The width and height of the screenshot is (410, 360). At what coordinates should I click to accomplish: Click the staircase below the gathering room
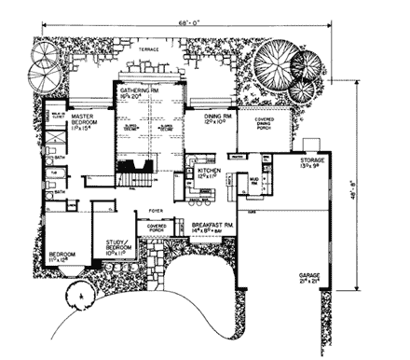[136, 173]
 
